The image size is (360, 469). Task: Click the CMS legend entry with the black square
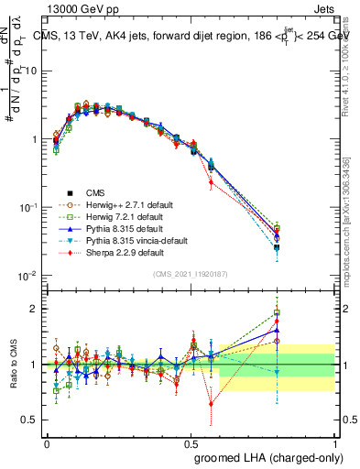(95, 192)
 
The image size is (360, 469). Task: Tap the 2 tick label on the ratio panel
(32, 309)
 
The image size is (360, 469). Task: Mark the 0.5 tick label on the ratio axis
(28, 420)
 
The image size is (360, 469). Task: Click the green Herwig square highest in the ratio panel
(277, 312)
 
